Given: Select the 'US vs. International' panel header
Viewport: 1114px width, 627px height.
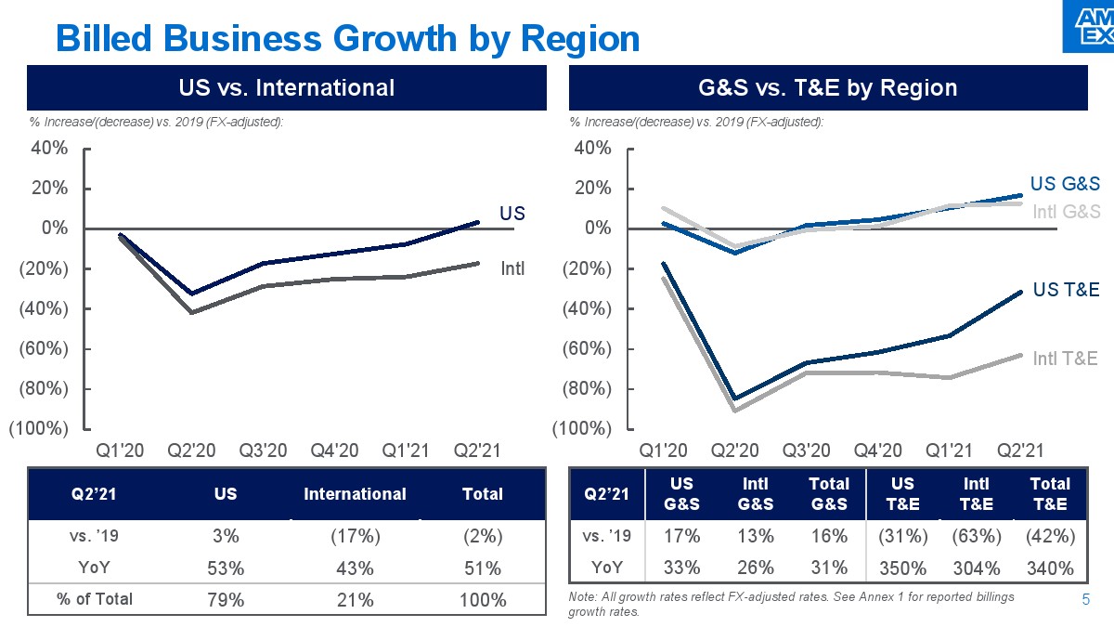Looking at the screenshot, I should [x=286, y=88].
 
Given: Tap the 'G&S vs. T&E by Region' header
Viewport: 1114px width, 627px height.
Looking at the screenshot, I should [x=827, y=88].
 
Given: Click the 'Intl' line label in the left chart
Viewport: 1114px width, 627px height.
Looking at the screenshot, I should [x=512, y=269].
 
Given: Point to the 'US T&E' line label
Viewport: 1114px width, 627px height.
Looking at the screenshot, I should [x=1066, y=290].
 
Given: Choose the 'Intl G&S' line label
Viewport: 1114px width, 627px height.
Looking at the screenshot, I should [x=1066, y=212].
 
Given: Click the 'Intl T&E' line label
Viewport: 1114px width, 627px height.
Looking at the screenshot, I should [x=1066, y=359].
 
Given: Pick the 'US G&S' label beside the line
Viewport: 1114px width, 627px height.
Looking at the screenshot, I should [x=1065, y=184].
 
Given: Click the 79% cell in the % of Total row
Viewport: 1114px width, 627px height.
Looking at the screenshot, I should [x=226, y=599].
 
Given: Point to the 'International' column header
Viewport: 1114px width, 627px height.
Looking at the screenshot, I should [x=355, y=494].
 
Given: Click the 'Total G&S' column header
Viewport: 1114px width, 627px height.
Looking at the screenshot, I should [x=829, y=493].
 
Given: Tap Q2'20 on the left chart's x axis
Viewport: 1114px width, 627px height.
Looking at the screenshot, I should [x=191, y=451].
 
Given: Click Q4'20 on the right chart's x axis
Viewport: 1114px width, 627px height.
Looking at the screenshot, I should [x=877, y=451].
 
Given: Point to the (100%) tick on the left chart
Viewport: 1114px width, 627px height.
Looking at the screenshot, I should [x=38, y=429].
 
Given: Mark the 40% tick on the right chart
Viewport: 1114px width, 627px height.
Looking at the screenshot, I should [x=592, y=149].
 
